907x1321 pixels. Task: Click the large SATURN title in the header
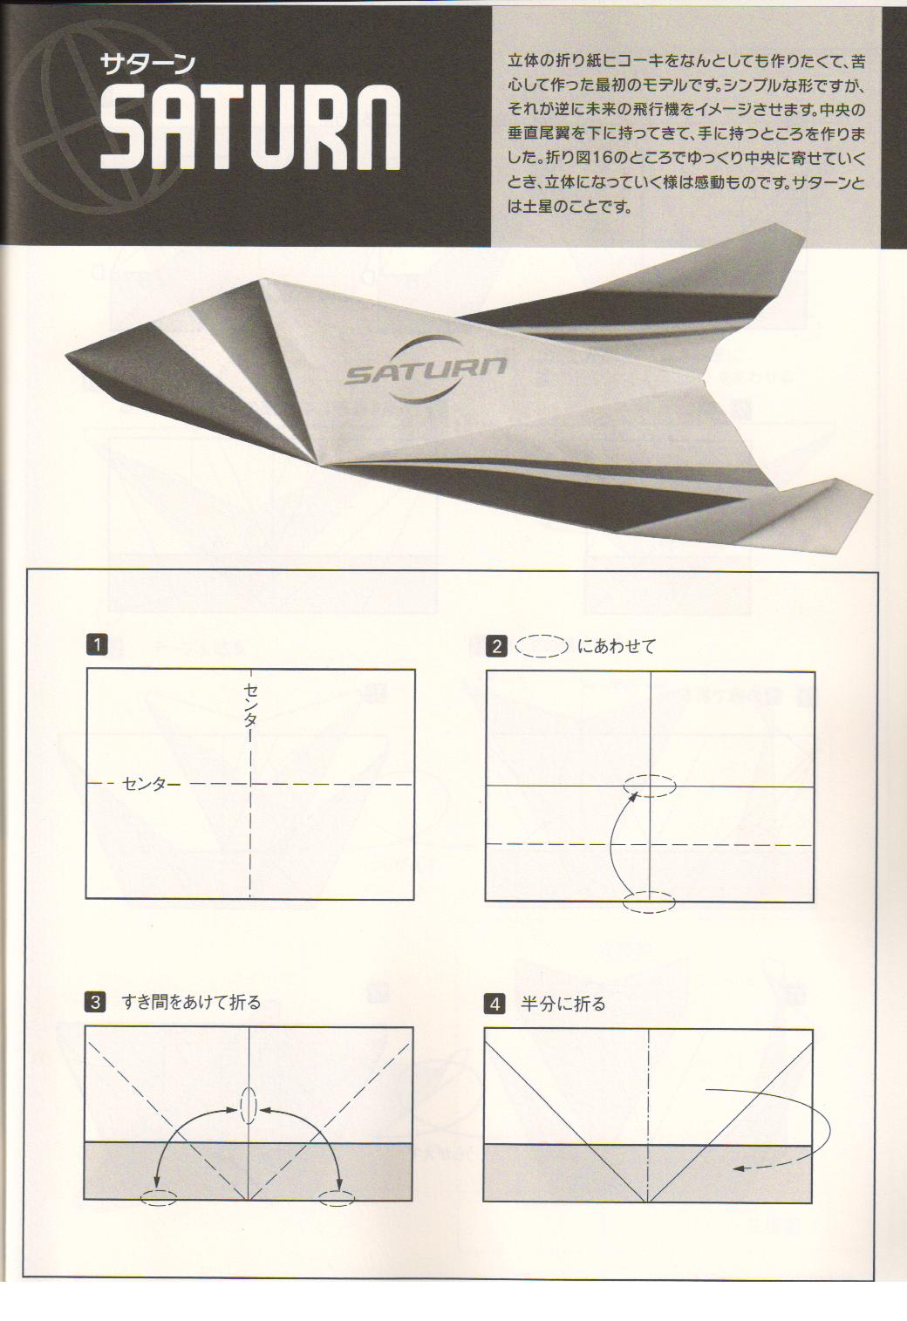coord(250,126)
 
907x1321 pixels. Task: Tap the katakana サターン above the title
coord(147,64)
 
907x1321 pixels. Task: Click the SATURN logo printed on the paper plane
coord(426,370)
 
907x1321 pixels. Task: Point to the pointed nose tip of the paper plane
coord(66,354)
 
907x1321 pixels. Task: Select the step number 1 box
coord(97,644)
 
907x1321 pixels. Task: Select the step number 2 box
coord(496,647)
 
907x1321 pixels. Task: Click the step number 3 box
coord(95,1002)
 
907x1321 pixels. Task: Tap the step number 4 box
coord(494,1004)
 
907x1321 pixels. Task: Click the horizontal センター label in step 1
coord(151,784)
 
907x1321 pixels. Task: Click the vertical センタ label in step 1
coord(250,705)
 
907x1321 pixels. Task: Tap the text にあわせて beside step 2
coord(617,646)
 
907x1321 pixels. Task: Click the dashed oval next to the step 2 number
coord(542,646)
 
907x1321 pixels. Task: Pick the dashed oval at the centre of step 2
coord(650,786)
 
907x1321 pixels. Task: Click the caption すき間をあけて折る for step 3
coord(191,1002)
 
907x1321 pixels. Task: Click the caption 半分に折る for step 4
coord(563,1004)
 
